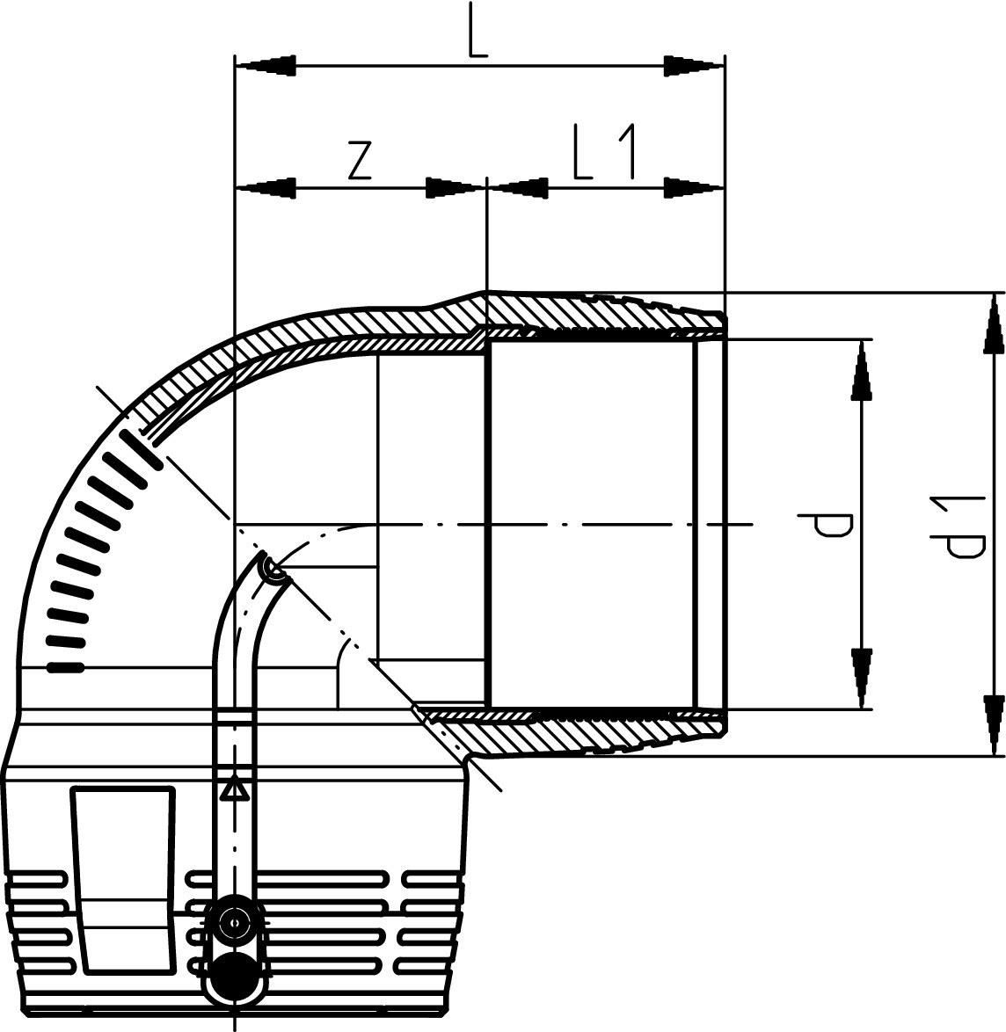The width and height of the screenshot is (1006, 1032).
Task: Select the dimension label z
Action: coord(358,160)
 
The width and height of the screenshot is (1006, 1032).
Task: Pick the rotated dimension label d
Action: coord(831,526)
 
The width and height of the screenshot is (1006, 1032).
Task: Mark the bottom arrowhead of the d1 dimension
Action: coord(993,723)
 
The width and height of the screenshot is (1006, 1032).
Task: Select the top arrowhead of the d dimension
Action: coord(863,369)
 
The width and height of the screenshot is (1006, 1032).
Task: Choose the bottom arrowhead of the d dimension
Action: coord(863,678)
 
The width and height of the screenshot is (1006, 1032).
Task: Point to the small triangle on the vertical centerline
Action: coord(233,789)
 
